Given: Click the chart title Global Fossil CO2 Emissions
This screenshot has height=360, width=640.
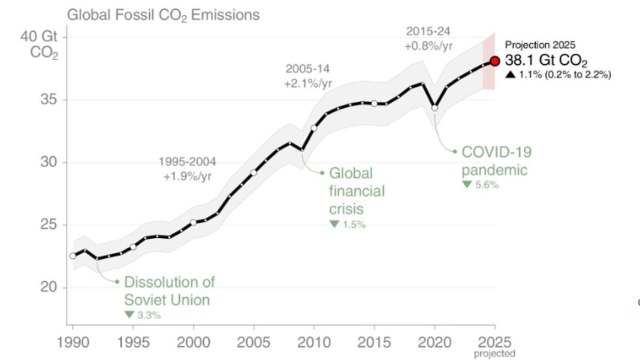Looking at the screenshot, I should click(x=163, y=15).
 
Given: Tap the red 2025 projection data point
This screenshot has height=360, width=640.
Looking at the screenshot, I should click(x=494, y=61).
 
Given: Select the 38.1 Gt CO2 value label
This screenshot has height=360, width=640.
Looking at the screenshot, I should click(x=545, y=61).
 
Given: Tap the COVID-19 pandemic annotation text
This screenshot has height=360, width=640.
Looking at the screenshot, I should click(x=495, y=161).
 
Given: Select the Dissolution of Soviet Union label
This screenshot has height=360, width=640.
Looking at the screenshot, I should click(x=168, y=291).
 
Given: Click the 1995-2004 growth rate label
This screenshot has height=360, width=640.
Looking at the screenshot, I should click(x=187, y=169).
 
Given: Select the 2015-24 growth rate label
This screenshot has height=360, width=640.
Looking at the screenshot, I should click(x=427, y=37).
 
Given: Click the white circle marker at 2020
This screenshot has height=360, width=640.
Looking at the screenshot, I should click(x=434, y=108).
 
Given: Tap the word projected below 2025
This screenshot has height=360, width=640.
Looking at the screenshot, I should click(x=494, y=354).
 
